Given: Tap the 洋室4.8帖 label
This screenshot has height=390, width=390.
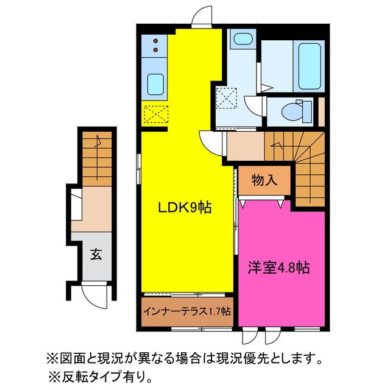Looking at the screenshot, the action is click(x=278, y=268).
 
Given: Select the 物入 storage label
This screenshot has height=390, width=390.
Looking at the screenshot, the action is click(x=264, y=180).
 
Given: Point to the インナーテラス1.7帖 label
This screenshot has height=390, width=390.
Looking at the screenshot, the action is click(x=187, y=311).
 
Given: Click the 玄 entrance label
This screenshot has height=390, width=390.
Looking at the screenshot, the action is click(x=96, y=254).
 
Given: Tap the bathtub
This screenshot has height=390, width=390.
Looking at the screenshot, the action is click(x=310, y=66).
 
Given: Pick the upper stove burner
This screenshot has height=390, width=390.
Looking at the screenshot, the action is click(x=156, y=41).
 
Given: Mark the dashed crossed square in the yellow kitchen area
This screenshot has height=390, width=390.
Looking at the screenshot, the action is click(x=156, y=114).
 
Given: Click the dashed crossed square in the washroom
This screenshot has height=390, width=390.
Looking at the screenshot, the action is click(x=226, y=97).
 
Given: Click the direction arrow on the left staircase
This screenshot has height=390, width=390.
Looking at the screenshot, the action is click(x=97, y=157).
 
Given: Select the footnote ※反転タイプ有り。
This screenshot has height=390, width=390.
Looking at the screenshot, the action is click(x=100, y=378).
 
